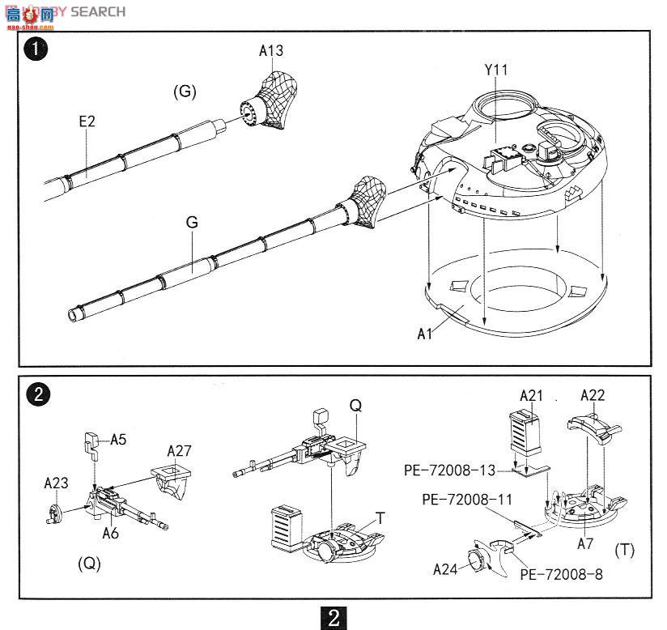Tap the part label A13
[271, 51]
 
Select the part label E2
[87, 121]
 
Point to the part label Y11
[496, 70]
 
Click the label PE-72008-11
[467, 500]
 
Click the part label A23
[57, 483]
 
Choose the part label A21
[532, 396]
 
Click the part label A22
[593, 396]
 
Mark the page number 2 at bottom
[333, 617]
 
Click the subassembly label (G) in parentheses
[185, 92]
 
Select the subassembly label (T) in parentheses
[624, 551]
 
